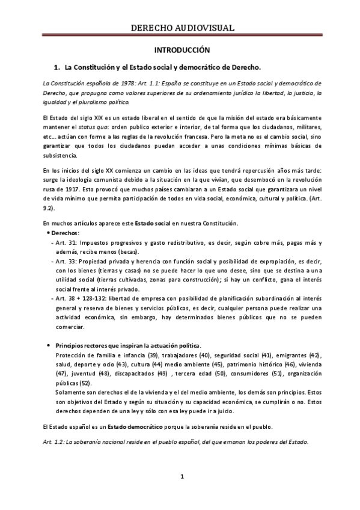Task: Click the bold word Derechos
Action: click(66, 233)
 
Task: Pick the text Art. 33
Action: click(63, 262)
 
